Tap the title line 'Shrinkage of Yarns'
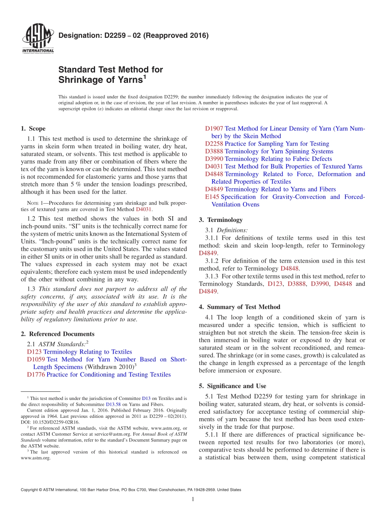click(102, 80)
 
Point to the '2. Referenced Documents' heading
click(57, 334)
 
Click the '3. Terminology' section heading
click(221, 220)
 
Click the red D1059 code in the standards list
click(36, 359)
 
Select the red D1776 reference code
click(36, 375)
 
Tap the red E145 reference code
click(212, 197)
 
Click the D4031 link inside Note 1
click(143, 209)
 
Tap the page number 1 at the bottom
click(193, 500)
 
